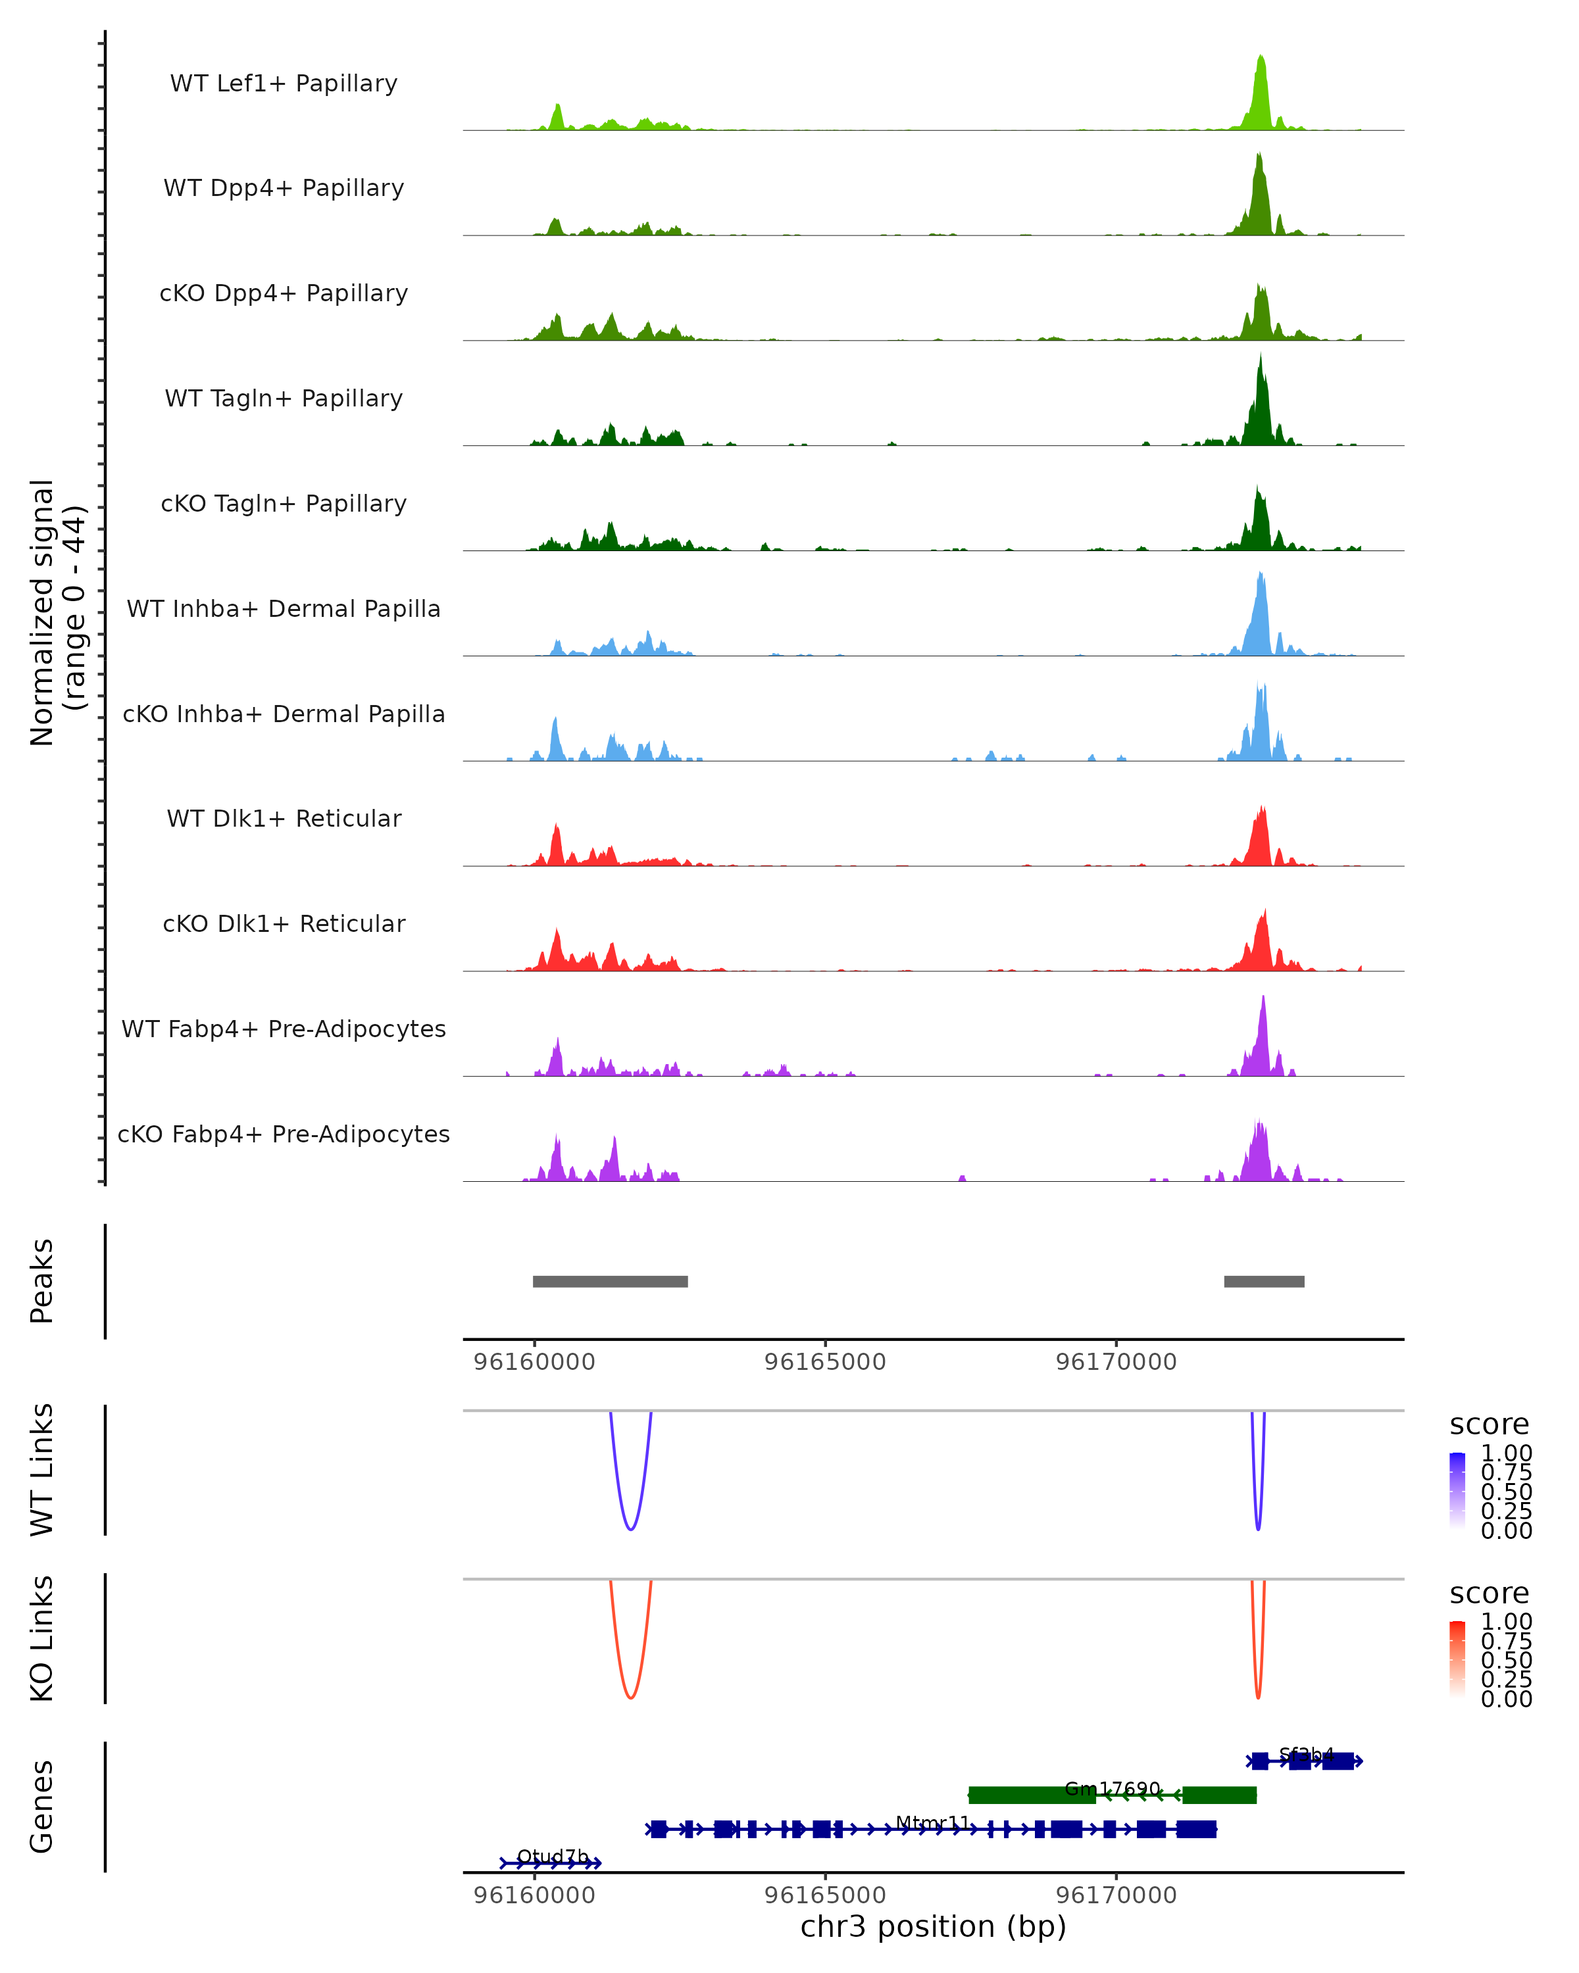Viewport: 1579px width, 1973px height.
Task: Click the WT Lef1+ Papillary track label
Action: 284,84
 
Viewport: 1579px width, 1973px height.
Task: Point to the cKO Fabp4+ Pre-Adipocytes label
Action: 284,1134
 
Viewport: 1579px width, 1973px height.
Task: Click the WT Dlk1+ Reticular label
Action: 284,818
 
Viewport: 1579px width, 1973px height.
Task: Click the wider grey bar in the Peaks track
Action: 611,1281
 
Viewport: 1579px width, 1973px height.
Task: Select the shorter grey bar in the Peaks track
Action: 1264,1281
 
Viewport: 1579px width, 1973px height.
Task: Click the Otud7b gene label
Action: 553,1856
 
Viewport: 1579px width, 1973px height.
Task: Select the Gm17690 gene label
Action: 1112,1788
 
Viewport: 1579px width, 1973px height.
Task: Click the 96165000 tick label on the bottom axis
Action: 825,1895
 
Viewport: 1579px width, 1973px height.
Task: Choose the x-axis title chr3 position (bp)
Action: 933,1927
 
